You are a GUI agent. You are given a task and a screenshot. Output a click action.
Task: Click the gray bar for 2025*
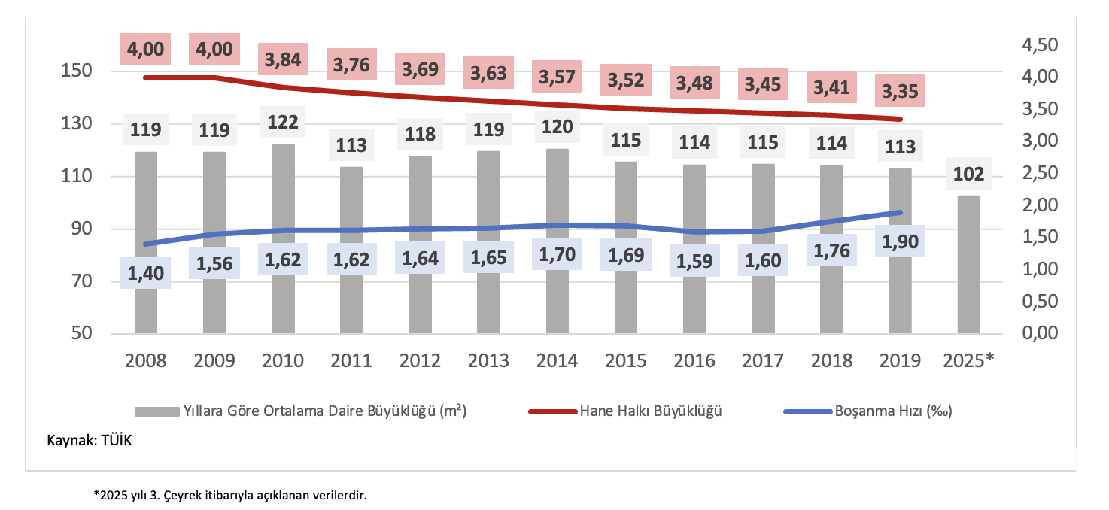point(968,264)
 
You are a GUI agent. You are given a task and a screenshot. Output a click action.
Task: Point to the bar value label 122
point(283,122)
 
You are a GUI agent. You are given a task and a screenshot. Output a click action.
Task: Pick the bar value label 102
point(968,175)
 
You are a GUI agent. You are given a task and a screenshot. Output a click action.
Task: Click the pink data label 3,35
point(900,92)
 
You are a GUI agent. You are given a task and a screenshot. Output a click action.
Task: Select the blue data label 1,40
point(145,272)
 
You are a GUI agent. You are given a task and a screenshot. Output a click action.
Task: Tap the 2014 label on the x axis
point(557,360)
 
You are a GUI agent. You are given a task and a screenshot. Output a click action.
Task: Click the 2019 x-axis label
point(900,360)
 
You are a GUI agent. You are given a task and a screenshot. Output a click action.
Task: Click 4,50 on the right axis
point(1039,45)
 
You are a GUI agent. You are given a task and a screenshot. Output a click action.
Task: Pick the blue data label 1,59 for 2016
point(694,263)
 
